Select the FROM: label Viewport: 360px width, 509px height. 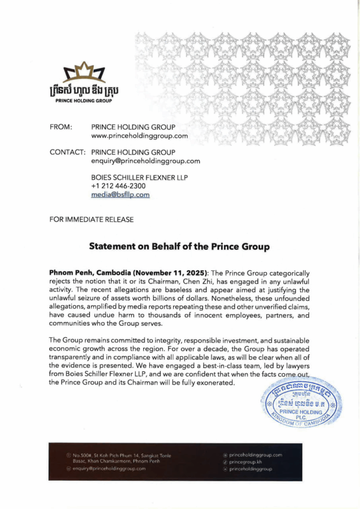(62, 127)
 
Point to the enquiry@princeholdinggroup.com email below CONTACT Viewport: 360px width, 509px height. (146, 161)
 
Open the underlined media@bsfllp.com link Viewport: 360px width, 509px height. (120, 195)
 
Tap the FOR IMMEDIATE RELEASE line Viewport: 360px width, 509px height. (91, 219)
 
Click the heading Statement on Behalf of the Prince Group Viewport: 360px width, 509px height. (180, 246)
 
